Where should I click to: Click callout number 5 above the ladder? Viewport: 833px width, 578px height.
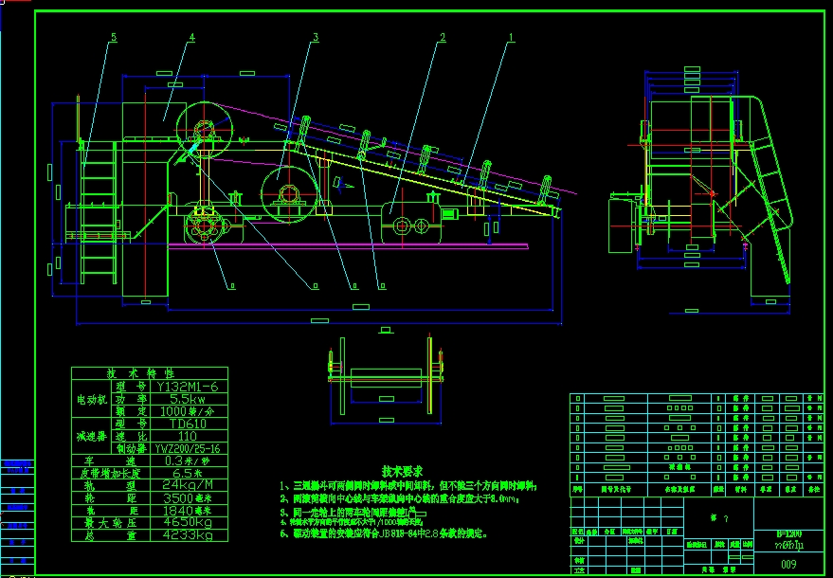(113, 38)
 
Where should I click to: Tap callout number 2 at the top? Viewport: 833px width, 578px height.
(442, 38)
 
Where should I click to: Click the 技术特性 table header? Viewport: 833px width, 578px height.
(150, 374)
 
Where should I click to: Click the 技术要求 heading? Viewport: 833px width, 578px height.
(402, 470)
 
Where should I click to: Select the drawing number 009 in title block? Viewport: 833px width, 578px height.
(788, 565)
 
